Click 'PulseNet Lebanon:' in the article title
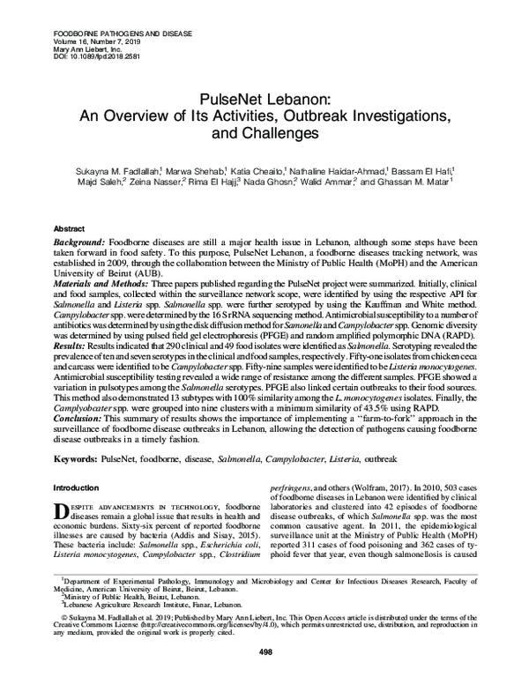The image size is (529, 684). pyautogui.click(x=264, y=100)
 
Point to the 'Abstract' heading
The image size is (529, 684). pyautogui.click(x=70, y=227)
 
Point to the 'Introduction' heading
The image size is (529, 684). pyautogui.click(x=78, y=487)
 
